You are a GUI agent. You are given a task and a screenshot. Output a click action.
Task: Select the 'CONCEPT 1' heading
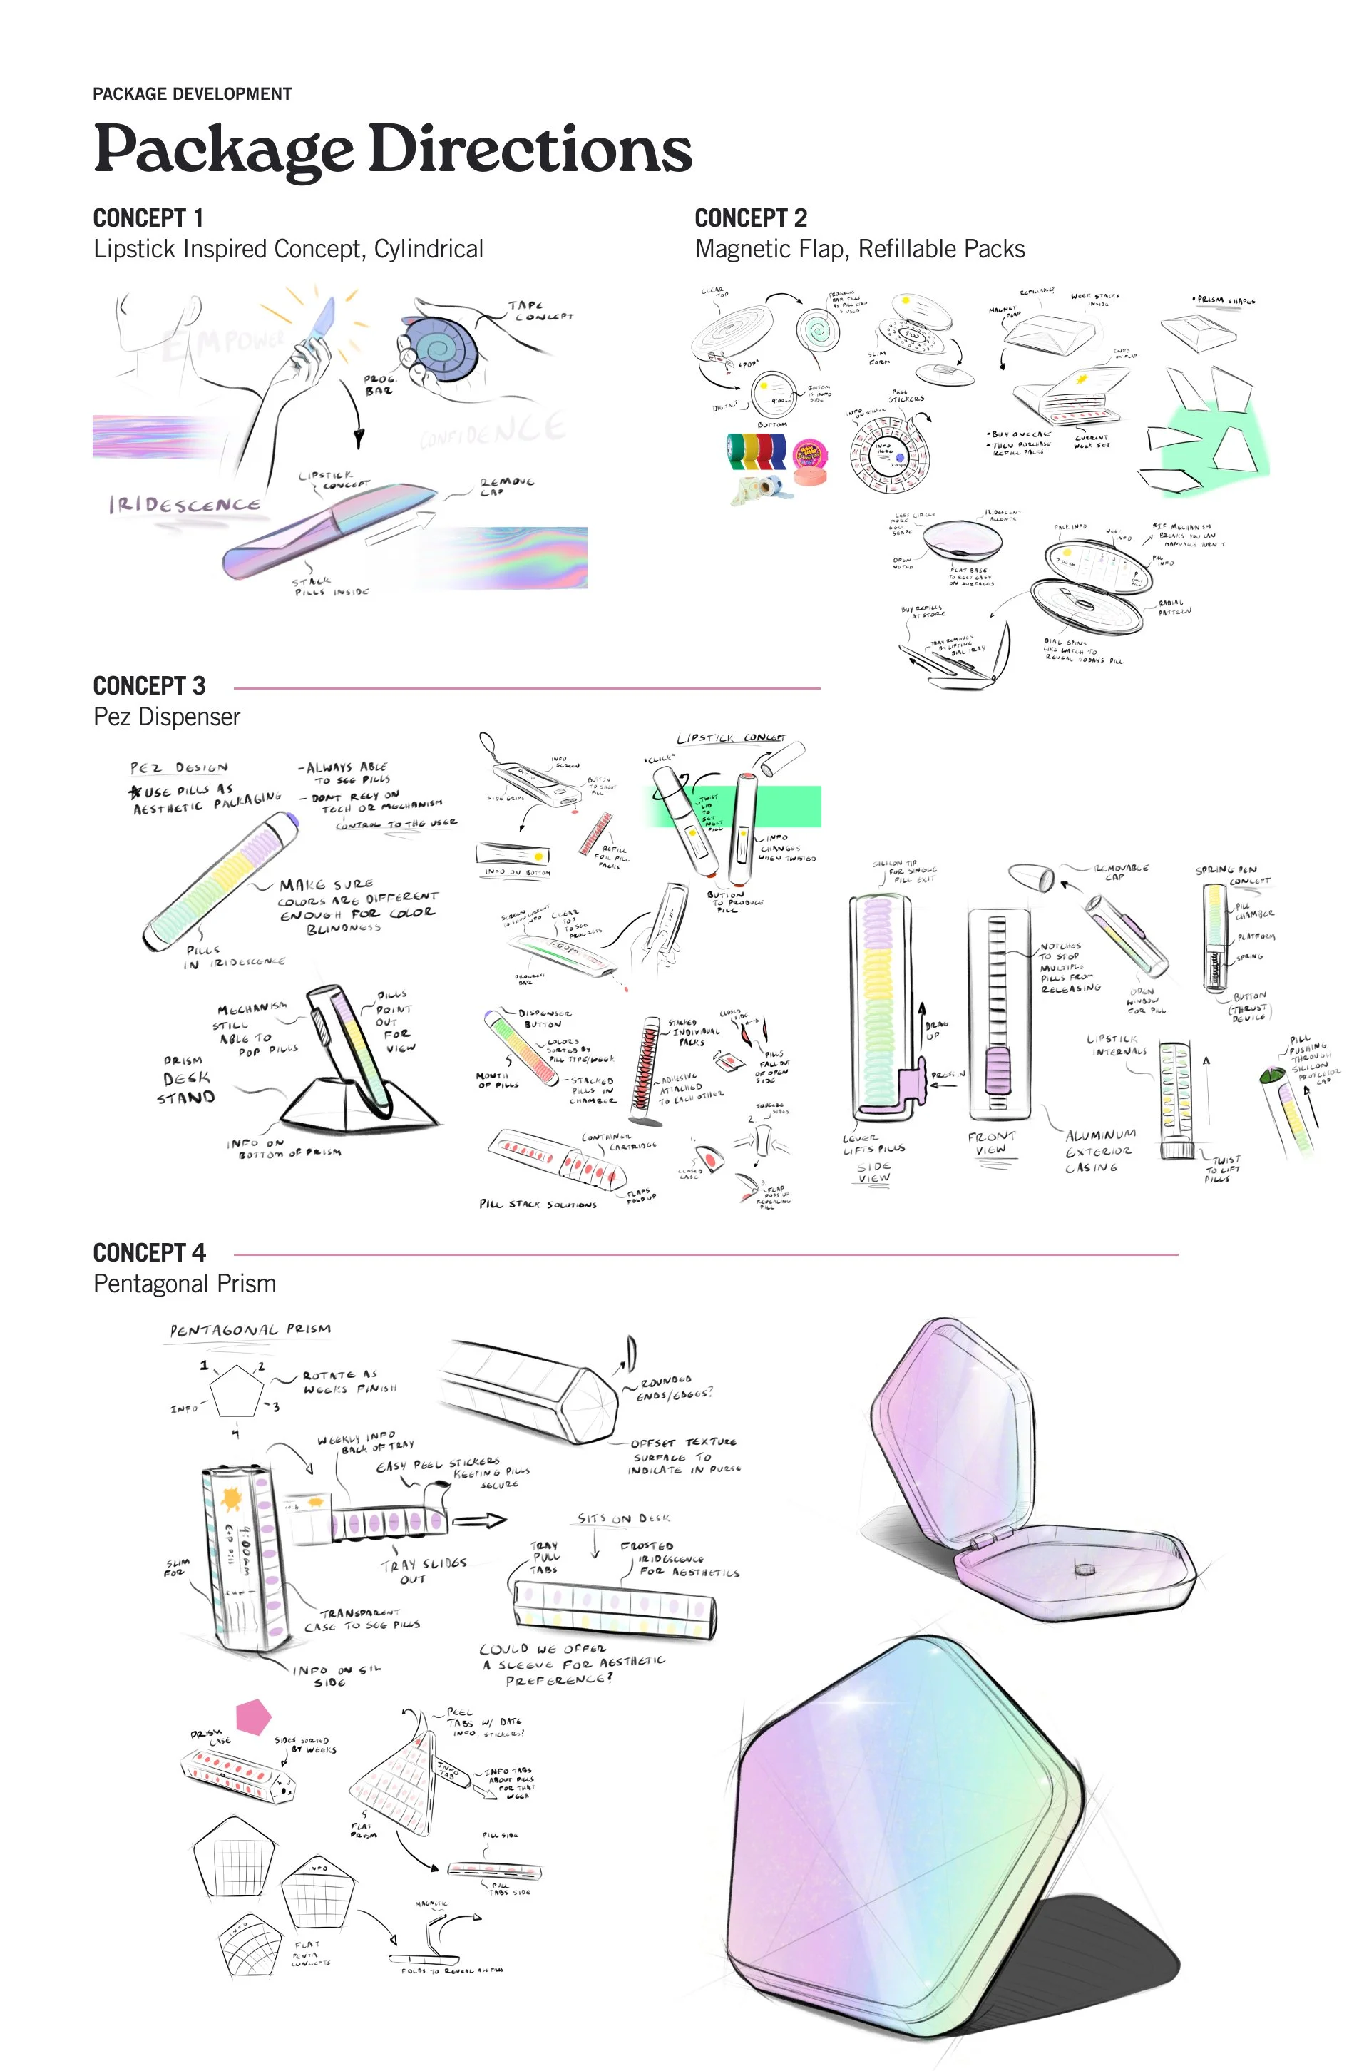pos(148,218)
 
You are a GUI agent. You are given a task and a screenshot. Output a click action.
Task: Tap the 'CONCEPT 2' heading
pos(751,218)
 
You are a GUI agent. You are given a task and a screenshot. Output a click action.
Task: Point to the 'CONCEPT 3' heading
pos(149,685)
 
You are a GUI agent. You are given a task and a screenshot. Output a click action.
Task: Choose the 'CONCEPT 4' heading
pos(149,1253)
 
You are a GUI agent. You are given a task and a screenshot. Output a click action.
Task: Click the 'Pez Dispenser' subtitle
pos(167,717)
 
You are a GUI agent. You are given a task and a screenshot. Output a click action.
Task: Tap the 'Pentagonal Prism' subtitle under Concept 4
pos(184,1284)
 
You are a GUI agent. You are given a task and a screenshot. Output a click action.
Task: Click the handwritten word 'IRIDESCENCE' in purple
pos(184,505)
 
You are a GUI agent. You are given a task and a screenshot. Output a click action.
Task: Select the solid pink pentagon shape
pos(253,1716)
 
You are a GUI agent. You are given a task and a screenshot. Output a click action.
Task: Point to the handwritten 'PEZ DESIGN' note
pos(179,768)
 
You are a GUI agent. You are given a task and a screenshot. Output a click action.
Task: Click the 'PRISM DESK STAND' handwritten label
pos(186,1079)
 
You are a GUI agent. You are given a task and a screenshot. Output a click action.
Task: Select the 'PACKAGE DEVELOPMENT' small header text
pos(192,94)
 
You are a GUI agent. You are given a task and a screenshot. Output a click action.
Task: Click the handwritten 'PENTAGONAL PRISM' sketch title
pos(250,1330)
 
